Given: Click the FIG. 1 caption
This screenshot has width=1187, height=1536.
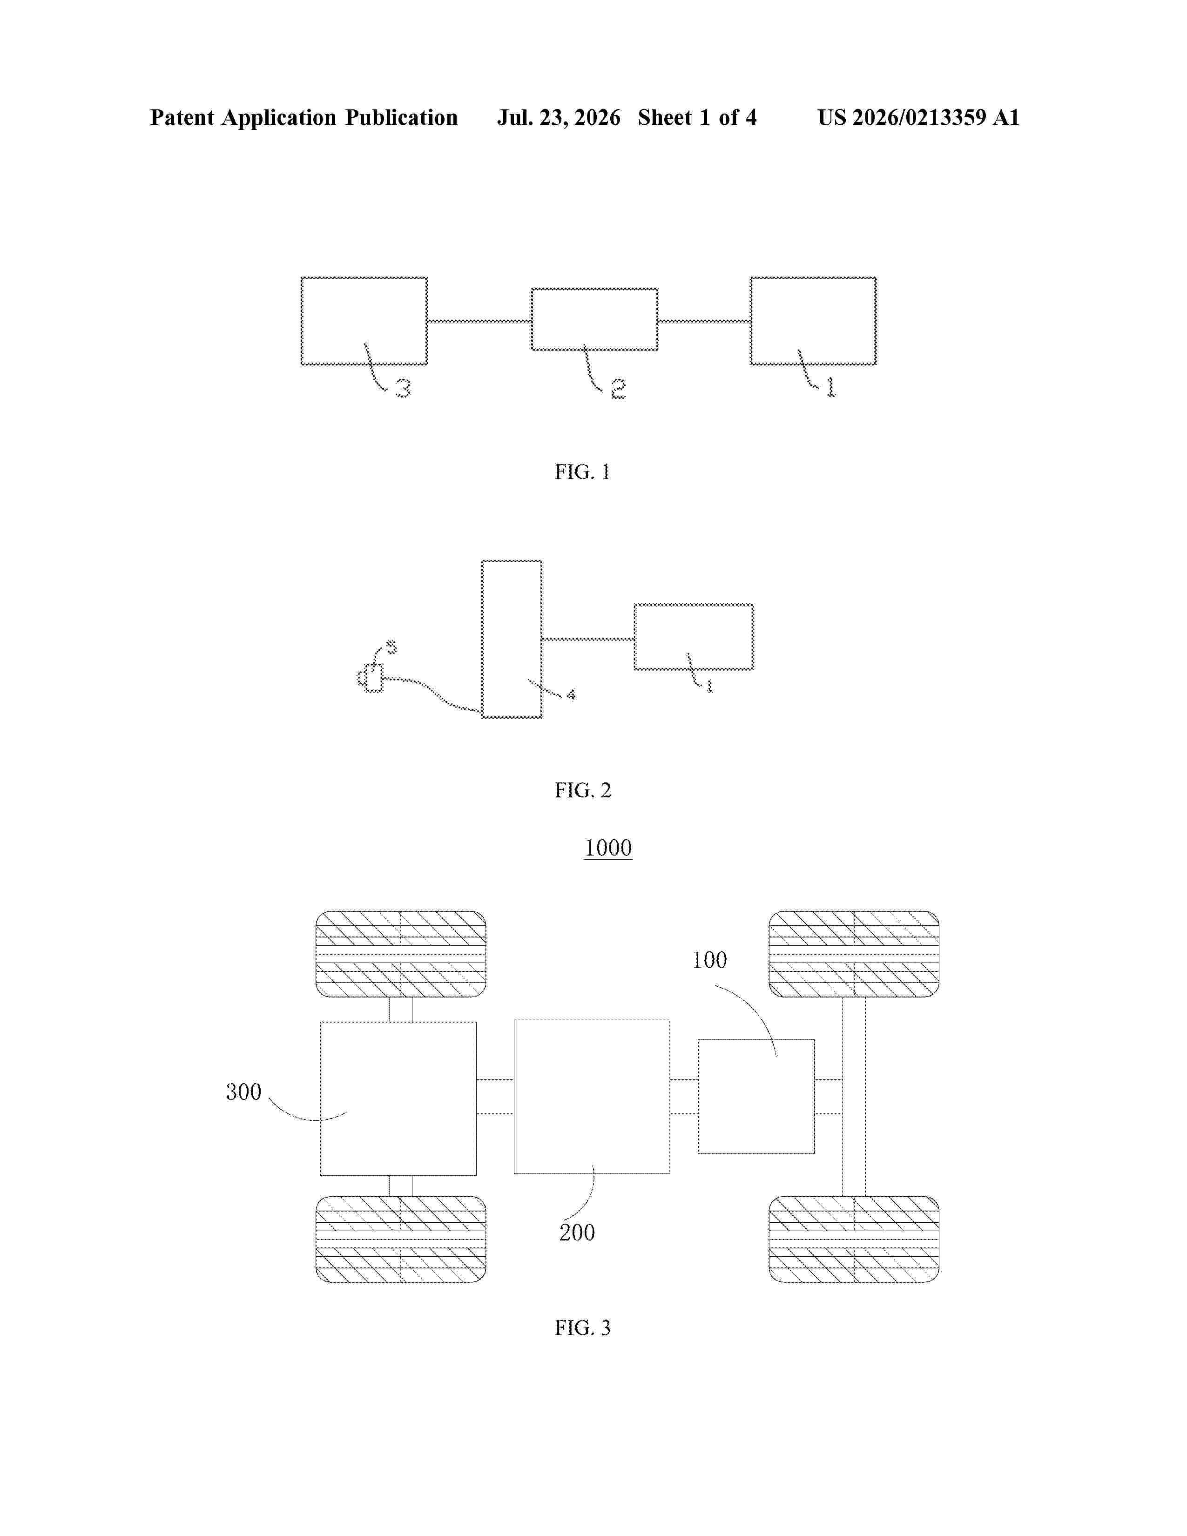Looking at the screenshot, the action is pyautogui.click(x=582, y=472).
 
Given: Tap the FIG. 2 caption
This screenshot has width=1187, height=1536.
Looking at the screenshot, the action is pyautogui.click(x=583, y=790).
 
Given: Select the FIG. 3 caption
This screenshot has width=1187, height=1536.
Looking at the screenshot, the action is pyautogui.click(x=583, y=1328).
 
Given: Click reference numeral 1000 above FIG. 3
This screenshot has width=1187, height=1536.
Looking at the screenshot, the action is pyautogui.click(x=608, y=848).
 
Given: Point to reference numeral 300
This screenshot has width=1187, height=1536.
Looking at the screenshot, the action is pyautogui.click(x=243, y=1091).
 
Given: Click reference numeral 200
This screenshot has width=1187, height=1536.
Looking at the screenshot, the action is pyautogui.click(x=577, y=1232).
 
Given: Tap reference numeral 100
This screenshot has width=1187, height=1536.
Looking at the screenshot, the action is pyautogui.click(x=709, y=960).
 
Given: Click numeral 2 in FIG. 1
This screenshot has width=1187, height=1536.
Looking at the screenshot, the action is pyautogui.click(x=618, y=389).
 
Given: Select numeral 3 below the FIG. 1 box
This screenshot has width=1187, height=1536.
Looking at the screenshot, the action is pyautogui.click(x=403, y=388).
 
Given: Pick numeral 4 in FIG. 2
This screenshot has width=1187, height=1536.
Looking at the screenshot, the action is pyautogui.click(x=571, y=695).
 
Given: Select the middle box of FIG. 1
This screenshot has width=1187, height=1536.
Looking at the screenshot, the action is pyautogui.click(x=594, y=319).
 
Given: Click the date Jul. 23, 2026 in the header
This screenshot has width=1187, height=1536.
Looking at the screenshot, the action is pyautogui.click(x=559, y=117).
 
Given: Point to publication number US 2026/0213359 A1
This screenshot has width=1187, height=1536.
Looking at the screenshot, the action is pyautogui.click(x=918, y=117).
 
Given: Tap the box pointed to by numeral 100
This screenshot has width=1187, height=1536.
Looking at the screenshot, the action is pyautogui.click(x=756, y=1097).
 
